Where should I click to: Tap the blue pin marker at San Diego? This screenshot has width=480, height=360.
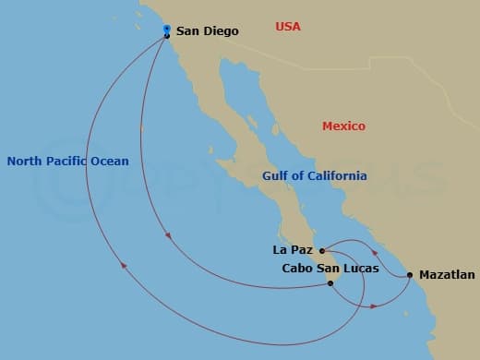pos(166,30)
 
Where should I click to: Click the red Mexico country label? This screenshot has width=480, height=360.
pos(343,126)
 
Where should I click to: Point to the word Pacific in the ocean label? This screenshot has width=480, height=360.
pos(70,162)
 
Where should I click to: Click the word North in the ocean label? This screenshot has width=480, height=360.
pos(25,162)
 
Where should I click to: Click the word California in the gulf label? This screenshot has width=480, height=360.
pos(338,175)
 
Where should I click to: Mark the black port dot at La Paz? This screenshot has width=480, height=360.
pos(320,250)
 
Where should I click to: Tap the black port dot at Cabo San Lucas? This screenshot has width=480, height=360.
pos(330,283)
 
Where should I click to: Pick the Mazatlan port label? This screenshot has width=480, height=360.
pos(447,274)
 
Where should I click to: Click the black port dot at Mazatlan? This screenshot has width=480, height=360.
pos(409,274)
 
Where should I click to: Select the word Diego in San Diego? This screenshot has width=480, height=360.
pos(221,31)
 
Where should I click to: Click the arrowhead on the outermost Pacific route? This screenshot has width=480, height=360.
pos(123,267)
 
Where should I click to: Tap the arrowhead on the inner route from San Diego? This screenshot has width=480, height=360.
pos(168,236)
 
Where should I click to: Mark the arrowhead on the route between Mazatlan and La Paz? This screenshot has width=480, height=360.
pos(375,251)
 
